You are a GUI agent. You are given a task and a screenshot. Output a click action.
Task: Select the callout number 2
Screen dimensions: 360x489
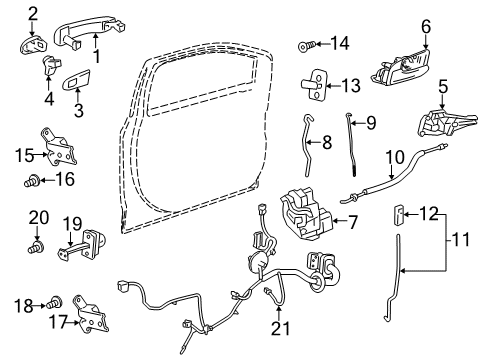[x=33, y=12]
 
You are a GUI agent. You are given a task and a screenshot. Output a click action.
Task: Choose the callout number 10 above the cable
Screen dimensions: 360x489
[x=396, y=156]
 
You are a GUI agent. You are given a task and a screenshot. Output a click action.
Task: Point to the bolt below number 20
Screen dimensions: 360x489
[x=39, y=244]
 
